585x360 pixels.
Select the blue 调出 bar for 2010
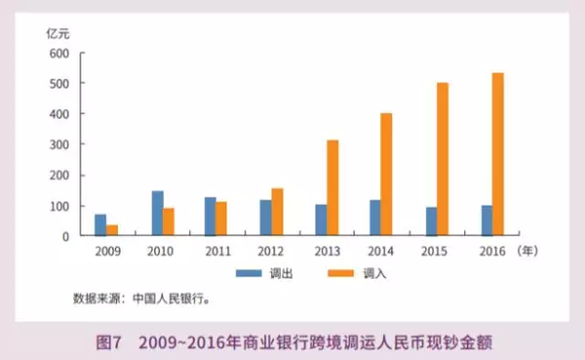[157, 214]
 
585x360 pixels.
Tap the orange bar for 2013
[332, 188]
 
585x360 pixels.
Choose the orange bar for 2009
[112, 230]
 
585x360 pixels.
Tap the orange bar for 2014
[387, 175]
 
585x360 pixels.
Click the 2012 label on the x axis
[272, 252]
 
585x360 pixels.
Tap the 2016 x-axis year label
[492, 252]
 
